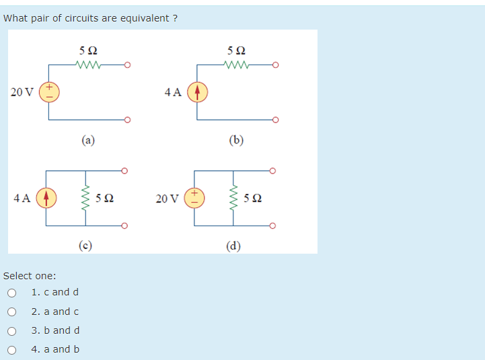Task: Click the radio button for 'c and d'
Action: [11, 293]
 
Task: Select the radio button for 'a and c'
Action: [11, 312]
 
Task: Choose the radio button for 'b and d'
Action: [11, 330]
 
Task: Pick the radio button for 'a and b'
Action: [11, 349]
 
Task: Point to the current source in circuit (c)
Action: [45, 198]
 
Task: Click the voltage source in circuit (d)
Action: [194, 198]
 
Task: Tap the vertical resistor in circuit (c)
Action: [84, 198]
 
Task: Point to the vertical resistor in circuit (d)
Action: [233, 198]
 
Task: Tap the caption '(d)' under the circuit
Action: [233, 244]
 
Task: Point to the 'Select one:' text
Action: [30, 276]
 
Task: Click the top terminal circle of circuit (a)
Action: [126, 65]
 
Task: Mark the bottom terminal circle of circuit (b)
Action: [275, 120]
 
